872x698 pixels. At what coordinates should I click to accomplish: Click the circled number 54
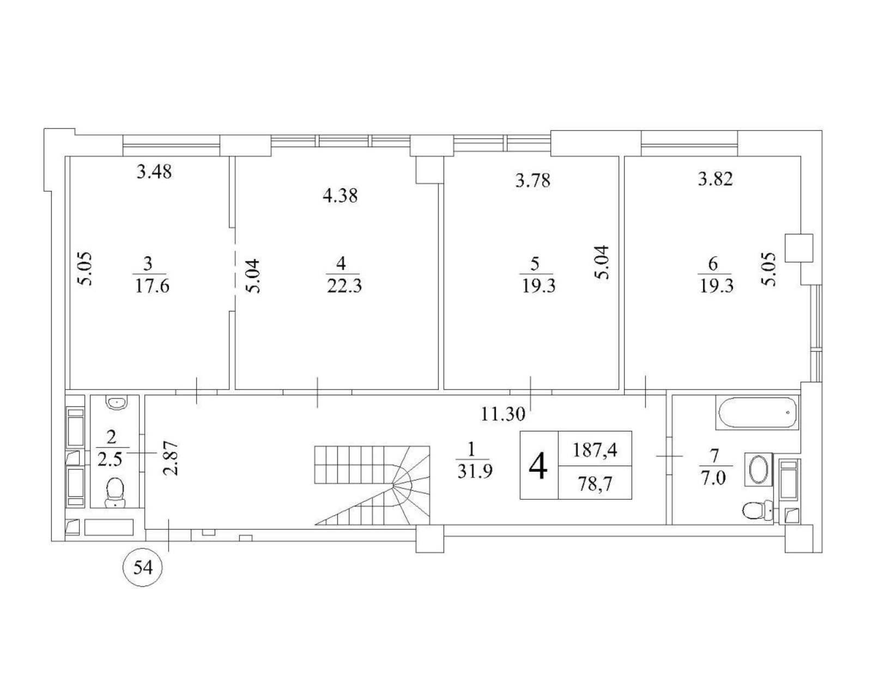[143, 568]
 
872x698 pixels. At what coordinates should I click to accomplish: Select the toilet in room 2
[115, 493]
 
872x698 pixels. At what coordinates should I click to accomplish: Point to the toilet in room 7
[758, 510]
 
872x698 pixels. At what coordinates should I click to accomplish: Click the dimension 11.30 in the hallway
[503, 414]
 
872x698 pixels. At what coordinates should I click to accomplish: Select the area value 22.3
[344, 287]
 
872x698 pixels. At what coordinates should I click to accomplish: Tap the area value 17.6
[151, 287]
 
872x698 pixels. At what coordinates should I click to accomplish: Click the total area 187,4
[595, 450]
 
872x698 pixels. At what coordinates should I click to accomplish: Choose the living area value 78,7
[595, 484]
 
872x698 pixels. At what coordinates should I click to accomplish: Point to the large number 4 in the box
[538, 466]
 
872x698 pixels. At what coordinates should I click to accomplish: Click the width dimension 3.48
[154, 172]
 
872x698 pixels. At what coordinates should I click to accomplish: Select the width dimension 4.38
[340, 196]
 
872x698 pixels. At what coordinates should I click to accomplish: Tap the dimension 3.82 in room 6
[715, 179]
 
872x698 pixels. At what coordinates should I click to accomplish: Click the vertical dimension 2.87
[170, 458]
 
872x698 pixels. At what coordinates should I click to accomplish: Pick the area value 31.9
[475, 471]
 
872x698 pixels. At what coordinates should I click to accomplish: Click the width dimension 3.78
[533, 180]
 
